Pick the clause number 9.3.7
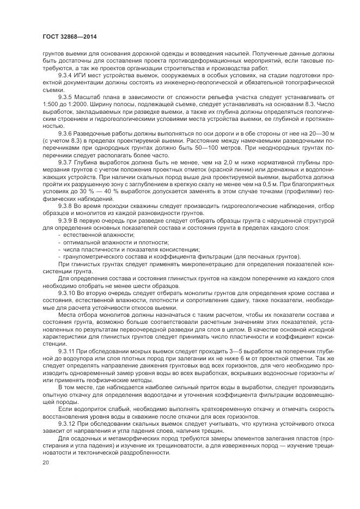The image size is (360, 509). (66, 162)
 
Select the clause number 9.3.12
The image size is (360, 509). (68, 424)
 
